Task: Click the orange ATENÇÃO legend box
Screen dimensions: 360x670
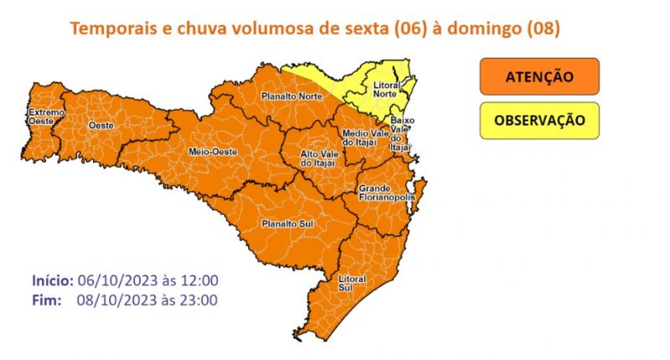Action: pos(539,76)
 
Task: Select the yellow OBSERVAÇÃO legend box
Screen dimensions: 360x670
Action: pos(539,120)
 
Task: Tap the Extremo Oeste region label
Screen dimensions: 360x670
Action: pos(44,117)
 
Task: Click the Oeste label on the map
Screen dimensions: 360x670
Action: pos(101,126)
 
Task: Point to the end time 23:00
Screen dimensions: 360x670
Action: pos(200,300)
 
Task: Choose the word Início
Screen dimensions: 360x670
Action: pos(52,280)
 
